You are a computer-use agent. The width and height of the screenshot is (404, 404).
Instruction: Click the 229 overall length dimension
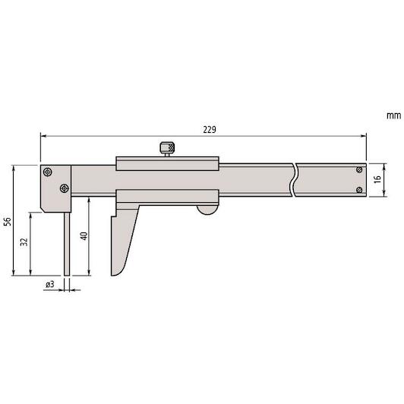(210, 130)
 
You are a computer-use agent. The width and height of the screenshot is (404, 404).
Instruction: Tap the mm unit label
(393, 115)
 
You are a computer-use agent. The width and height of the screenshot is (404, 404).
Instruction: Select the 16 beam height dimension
(377, 179)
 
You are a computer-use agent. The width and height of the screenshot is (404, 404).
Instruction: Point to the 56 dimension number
(8, 221)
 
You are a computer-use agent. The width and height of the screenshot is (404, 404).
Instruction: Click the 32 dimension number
(24, 242)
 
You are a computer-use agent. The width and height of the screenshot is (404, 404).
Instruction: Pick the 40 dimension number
(84, 236)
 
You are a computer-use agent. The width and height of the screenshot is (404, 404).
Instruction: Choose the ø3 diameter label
(50, 285)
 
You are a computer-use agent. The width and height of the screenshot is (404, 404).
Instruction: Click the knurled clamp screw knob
(167, 148)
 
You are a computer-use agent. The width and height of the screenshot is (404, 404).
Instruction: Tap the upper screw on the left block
(48, 172)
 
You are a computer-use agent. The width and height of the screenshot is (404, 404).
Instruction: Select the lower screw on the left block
(64, 188)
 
